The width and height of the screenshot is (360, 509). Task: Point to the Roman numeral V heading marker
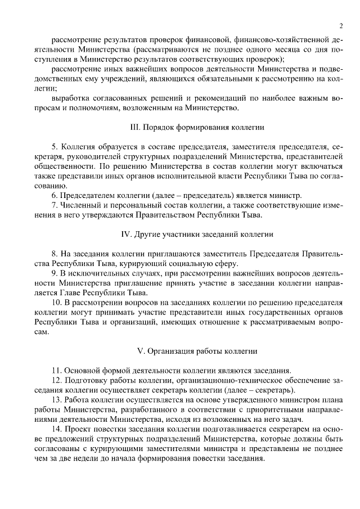coord(141,351)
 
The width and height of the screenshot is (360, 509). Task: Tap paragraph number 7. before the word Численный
coord(55,205)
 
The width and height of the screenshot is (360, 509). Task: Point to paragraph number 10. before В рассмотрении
coord(56,303)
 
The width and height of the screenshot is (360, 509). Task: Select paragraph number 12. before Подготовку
coord(56,381)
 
